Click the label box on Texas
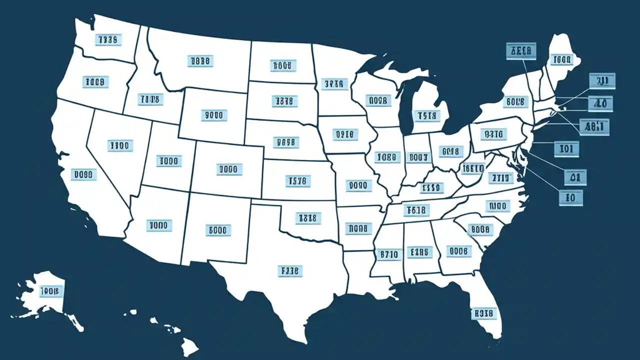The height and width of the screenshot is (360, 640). pos(289,271)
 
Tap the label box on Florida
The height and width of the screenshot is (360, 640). pos(483,313)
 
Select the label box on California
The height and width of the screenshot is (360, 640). pos(83,174)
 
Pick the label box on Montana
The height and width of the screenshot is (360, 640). pos(200,61)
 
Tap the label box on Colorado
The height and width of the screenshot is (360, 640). pos(229,169)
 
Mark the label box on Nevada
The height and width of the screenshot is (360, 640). pos(120,145)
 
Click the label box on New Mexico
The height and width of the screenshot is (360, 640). pos(219,230)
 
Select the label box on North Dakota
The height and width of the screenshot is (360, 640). pos(283,65)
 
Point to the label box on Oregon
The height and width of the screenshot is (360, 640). pos(95,82)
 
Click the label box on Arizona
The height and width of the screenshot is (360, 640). pos(159,225)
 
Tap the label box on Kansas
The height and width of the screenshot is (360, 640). pos(298,180)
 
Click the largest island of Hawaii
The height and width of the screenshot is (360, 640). pos(189,344)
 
